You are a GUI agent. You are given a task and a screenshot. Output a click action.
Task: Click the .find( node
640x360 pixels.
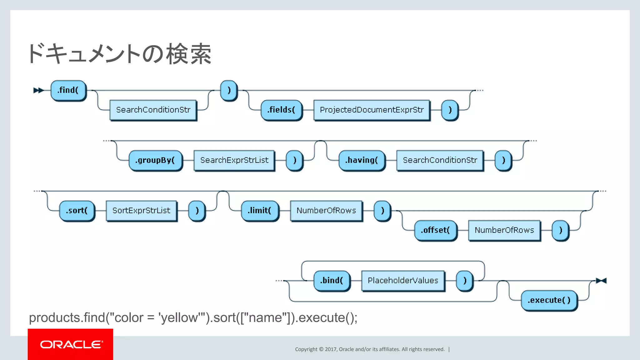coord(68,90)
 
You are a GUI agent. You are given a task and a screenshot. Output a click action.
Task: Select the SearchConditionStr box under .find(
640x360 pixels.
coord(153,110)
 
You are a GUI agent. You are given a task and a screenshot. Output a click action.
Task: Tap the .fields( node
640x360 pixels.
coord(281,110)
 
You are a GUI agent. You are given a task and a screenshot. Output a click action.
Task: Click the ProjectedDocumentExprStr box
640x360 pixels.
coord(372,110)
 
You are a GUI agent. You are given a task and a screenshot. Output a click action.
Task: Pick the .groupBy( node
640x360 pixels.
coord(155,160)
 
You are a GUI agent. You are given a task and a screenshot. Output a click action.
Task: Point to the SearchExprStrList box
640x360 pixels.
coord(234,160)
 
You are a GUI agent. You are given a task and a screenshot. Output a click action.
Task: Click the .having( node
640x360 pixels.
coord(362,160)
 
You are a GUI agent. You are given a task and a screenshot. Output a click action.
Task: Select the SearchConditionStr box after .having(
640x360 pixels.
coord(440,160)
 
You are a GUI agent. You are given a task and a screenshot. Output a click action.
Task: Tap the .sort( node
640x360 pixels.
coord(77,211)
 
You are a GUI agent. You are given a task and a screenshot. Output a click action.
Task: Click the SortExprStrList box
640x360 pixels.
coord(141,211)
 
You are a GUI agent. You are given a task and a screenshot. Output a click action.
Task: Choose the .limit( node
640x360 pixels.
coord(260,211)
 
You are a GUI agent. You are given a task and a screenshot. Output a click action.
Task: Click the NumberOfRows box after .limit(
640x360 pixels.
coord(326,211)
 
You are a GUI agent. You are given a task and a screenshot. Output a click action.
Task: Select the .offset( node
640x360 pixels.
coord(436,230)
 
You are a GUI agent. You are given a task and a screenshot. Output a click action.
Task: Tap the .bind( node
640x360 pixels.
coord(332,281)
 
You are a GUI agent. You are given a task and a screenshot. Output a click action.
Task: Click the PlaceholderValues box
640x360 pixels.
coord(403,281)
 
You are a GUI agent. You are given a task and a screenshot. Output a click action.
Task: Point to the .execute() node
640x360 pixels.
coord(549,300)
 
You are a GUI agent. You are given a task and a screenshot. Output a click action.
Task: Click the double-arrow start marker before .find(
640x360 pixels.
coord(38,90)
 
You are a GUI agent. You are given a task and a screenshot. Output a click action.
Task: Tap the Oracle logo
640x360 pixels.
coord(71,344)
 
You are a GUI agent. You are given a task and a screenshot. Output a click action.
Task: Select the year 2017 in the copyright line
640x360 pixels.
coord(331,349)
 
